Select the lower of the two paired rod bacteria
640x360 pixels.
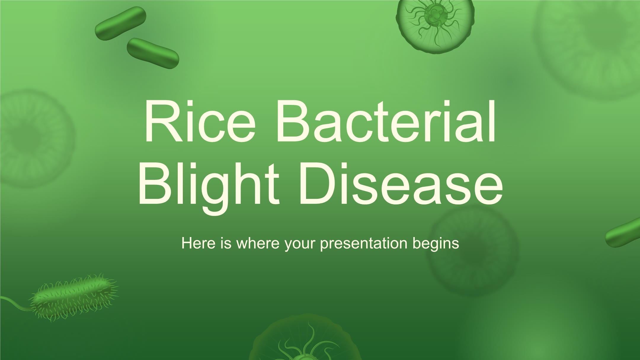(x=153, y=53)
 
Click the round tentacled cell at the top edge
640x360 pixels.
(x=435, y=24)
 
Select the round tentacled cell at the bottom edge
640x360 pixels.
(x=305, y=338)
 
